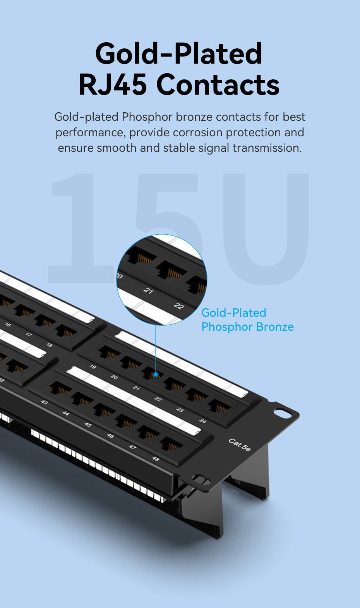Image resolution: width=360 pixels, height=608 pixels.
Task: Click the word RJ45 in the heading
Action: (x=113, y=85)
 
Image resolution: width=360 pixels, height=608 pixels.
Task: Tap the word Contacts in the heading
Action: (x=218, y=85)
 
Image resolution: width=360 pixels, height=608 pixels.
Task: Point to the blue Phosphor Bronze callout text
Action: (x=247, y=327)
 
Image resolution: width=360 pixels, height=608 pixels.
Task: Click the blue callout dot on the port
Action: (x=156, y=374)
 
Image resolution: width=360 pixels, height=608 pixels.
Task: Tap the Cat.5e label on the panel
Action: (x=239, y=445)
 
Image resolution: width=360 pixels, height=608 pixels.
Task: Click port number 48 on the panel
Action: (x=156, y=459)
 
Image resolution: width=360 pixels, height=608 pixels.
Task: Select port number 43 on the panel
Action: (x=44, y=402)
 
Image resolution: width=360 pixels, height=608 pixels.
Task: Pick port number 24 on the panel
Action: (x=203, y=421)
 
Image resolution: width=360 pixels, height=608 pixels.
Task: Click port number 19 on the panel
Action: (x=93, y=367)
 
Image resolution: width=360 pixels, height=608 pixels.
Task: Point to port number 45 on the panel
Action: (x=88, y=424)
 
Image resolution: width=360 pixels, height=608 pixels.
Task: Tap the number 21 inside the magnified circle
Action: (x=148, y=290)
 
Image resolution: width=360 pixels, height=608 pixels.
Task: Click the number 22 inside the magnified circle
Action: (x=179, y=306)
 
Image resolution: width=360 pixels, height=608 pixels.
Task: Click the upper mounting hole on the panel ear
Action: (x=282, y=413)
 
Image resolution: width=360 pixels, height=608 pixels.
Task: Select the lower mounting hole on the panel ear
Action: (x=201, y=479)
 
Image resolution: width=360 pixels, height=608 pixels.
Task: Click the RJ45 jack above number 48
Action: (x=172, y=445)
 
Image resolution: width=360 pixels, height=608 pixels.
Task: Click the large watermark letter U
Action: (x=266, y=229)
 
